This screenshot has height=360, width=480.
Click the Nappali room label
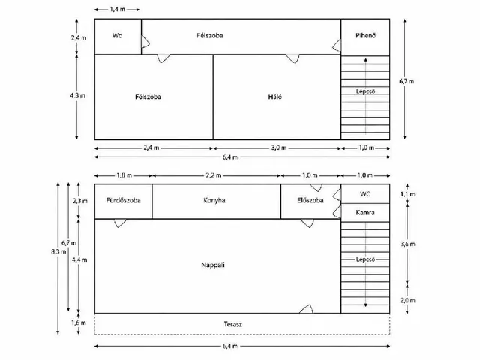[213, 265]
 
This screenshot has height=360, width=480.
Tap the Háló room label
[275, 97]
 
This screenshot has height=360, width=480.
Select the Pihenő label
[365, 35]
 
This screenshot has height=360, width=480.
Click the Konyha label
[214, 200]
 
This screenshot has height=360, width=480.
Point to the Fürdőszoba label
[123, 200]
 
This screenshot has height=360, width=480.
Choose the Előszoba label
[310, 200]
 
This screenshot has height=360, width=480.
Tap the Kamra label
[365, 212]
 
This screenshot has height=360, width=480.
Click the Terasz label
[233, 324]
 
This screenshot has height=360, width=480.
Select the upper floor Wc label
[117, 35]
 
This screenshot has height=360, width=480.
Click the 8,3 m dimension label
[58, 252]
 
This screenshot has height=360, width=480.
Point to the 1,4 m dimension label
[118, 10]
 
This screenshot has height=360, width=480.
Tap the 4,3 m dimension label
[78, 95]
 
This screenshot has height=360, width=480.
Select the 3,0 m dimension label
[278, 148]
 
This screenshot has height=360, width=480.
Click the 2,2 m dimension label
[213, 175]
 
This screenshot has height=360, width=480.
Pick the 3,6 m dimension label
[407, 244]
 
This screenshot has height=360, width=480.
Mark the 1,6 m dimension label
[79, 322]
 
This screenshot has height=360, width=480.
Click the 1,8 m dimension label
[124, 175]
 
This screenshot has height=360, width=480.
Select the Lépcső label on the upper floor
[365, 91]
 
